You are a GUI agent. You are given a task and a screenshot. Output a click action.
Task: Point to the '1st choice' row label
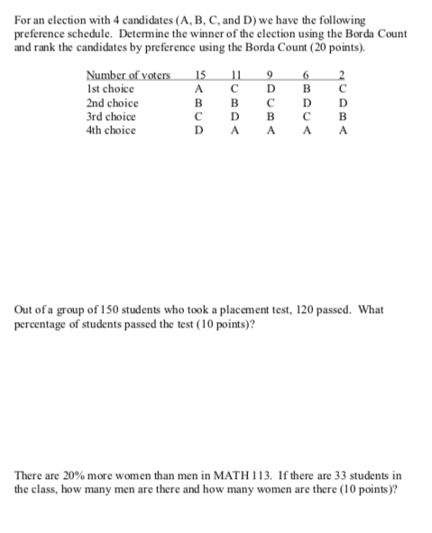[x=110, y=89]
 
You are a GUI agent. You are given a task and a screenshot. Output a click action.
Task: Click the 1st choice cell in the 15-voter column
[x=201, y=89]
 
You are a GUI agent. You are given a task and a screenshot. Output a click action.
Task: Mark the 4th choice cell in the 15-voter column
[x=201, y=130]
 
